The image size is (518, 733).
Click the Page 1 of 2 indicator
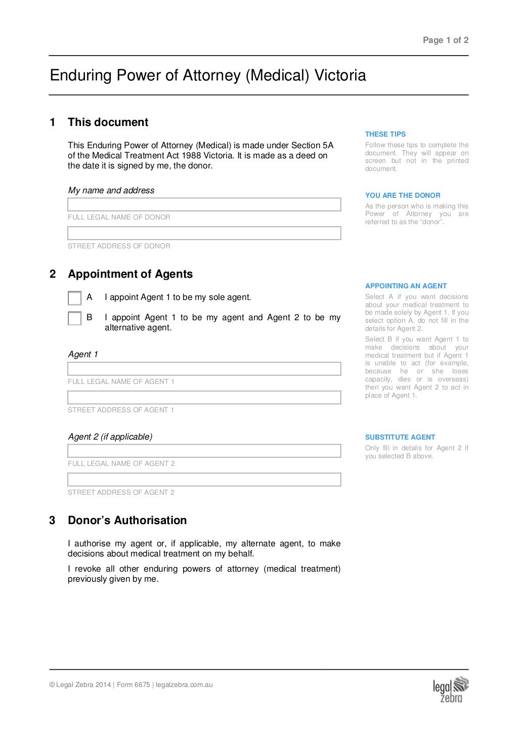click(x=445, y=40)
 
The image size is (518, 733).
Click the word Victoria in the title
click(x=340, y=76)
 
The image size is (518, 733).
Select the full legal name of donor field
click(x=204, y=204)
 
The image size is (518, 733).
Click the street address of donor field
click(x=204, y=233)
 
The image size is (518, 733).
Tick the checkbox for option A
click(x=74, y=298)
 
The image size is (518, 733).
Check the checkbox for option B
click(x=74, y=318)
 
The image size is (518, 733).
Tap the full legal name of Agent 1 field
click(x=204, y=369)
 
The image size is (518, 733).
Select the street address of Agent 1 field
click(x=204, y=397)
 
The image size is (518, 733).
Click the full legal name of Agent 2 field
click(x=204, y=451)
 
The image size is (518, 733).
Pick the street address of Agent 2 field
click(x=204, y=480)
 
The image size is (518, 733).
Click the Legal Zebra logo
click(x=450, y=690)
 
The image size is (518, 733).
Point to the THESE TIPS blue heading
click(x=385, y=134)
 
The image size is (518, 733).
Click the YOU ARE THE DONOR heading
click(x=403, y=195)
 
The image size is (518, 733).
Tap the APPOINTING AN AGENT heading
click(x=406, y=286)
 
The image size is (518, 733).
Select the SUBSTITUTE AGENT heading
click(x=400, y=437)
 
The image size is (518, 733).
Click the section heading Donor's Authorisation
click(x=127, y=521)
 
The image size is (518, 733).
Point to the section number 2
click(x=53, y=274)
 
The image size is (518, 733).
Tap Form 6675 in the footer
click(x=134, y=685)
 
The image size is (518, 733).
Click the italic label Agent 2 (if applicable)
click(x=110, y=437)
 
